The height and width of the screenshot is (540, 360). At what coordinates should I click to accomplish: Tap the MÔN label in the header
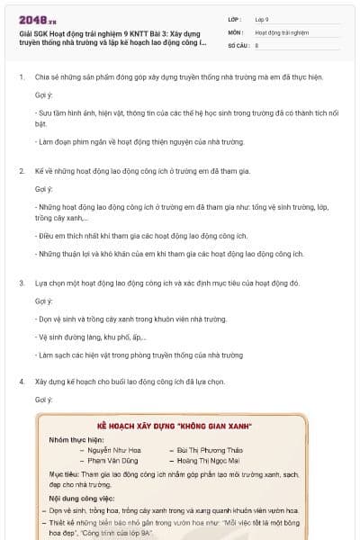pos(236,31)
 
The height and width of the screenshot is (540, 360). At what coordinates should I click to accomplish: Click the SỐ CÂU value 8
pos(256,44)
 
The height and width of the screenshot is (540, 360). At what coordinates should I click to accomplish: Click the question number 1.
pos(22,76)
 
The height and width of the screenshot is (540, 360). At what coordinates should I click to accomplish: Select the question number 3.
pos(22,283)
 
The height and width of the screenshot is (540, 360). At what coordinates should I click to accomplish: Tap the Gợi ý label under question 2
pos(44,189)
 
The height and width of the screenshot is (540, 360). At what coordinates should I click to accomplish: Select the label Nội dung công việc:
pos(83,497)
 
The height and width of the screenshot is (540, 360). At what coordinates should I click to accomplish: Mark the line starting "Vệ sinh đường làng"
pos(91,337)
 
